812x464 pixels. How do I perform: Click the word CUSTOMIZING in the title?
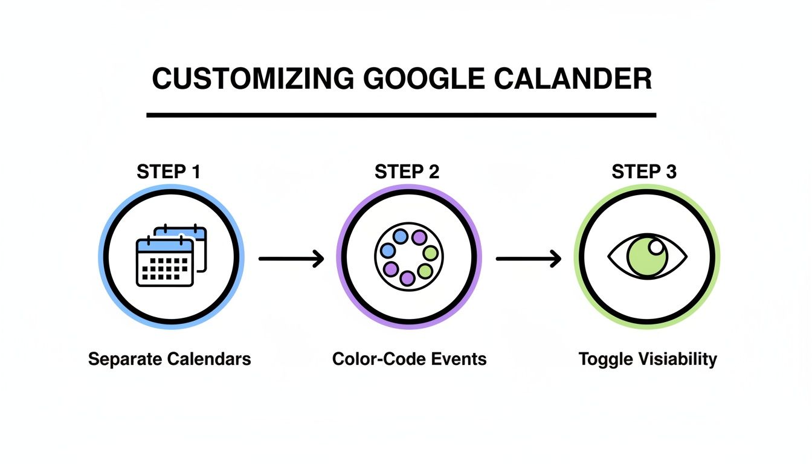point(253,80)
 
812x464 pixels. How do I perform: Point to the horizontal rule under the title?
point(401,115)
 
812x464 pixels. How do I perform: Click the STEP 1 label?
point(169,172)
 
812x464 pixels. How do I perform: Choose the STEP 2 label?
point(407,172)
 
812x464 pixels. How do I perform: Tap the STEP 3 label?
point(644,172)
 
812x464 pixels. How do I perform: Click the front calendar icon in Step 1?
point(164,262)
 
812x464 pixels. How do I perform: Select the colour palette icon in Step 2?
point(409,257)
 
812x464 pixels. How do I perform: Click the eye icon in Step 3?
point(647,257)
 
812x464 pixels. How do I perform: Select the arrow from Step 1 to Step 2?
point(291,259)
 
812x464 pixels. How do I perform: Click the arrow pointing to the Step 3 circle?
point(529,259)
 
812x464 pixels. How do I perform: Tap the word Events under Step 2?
point(458,359)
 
